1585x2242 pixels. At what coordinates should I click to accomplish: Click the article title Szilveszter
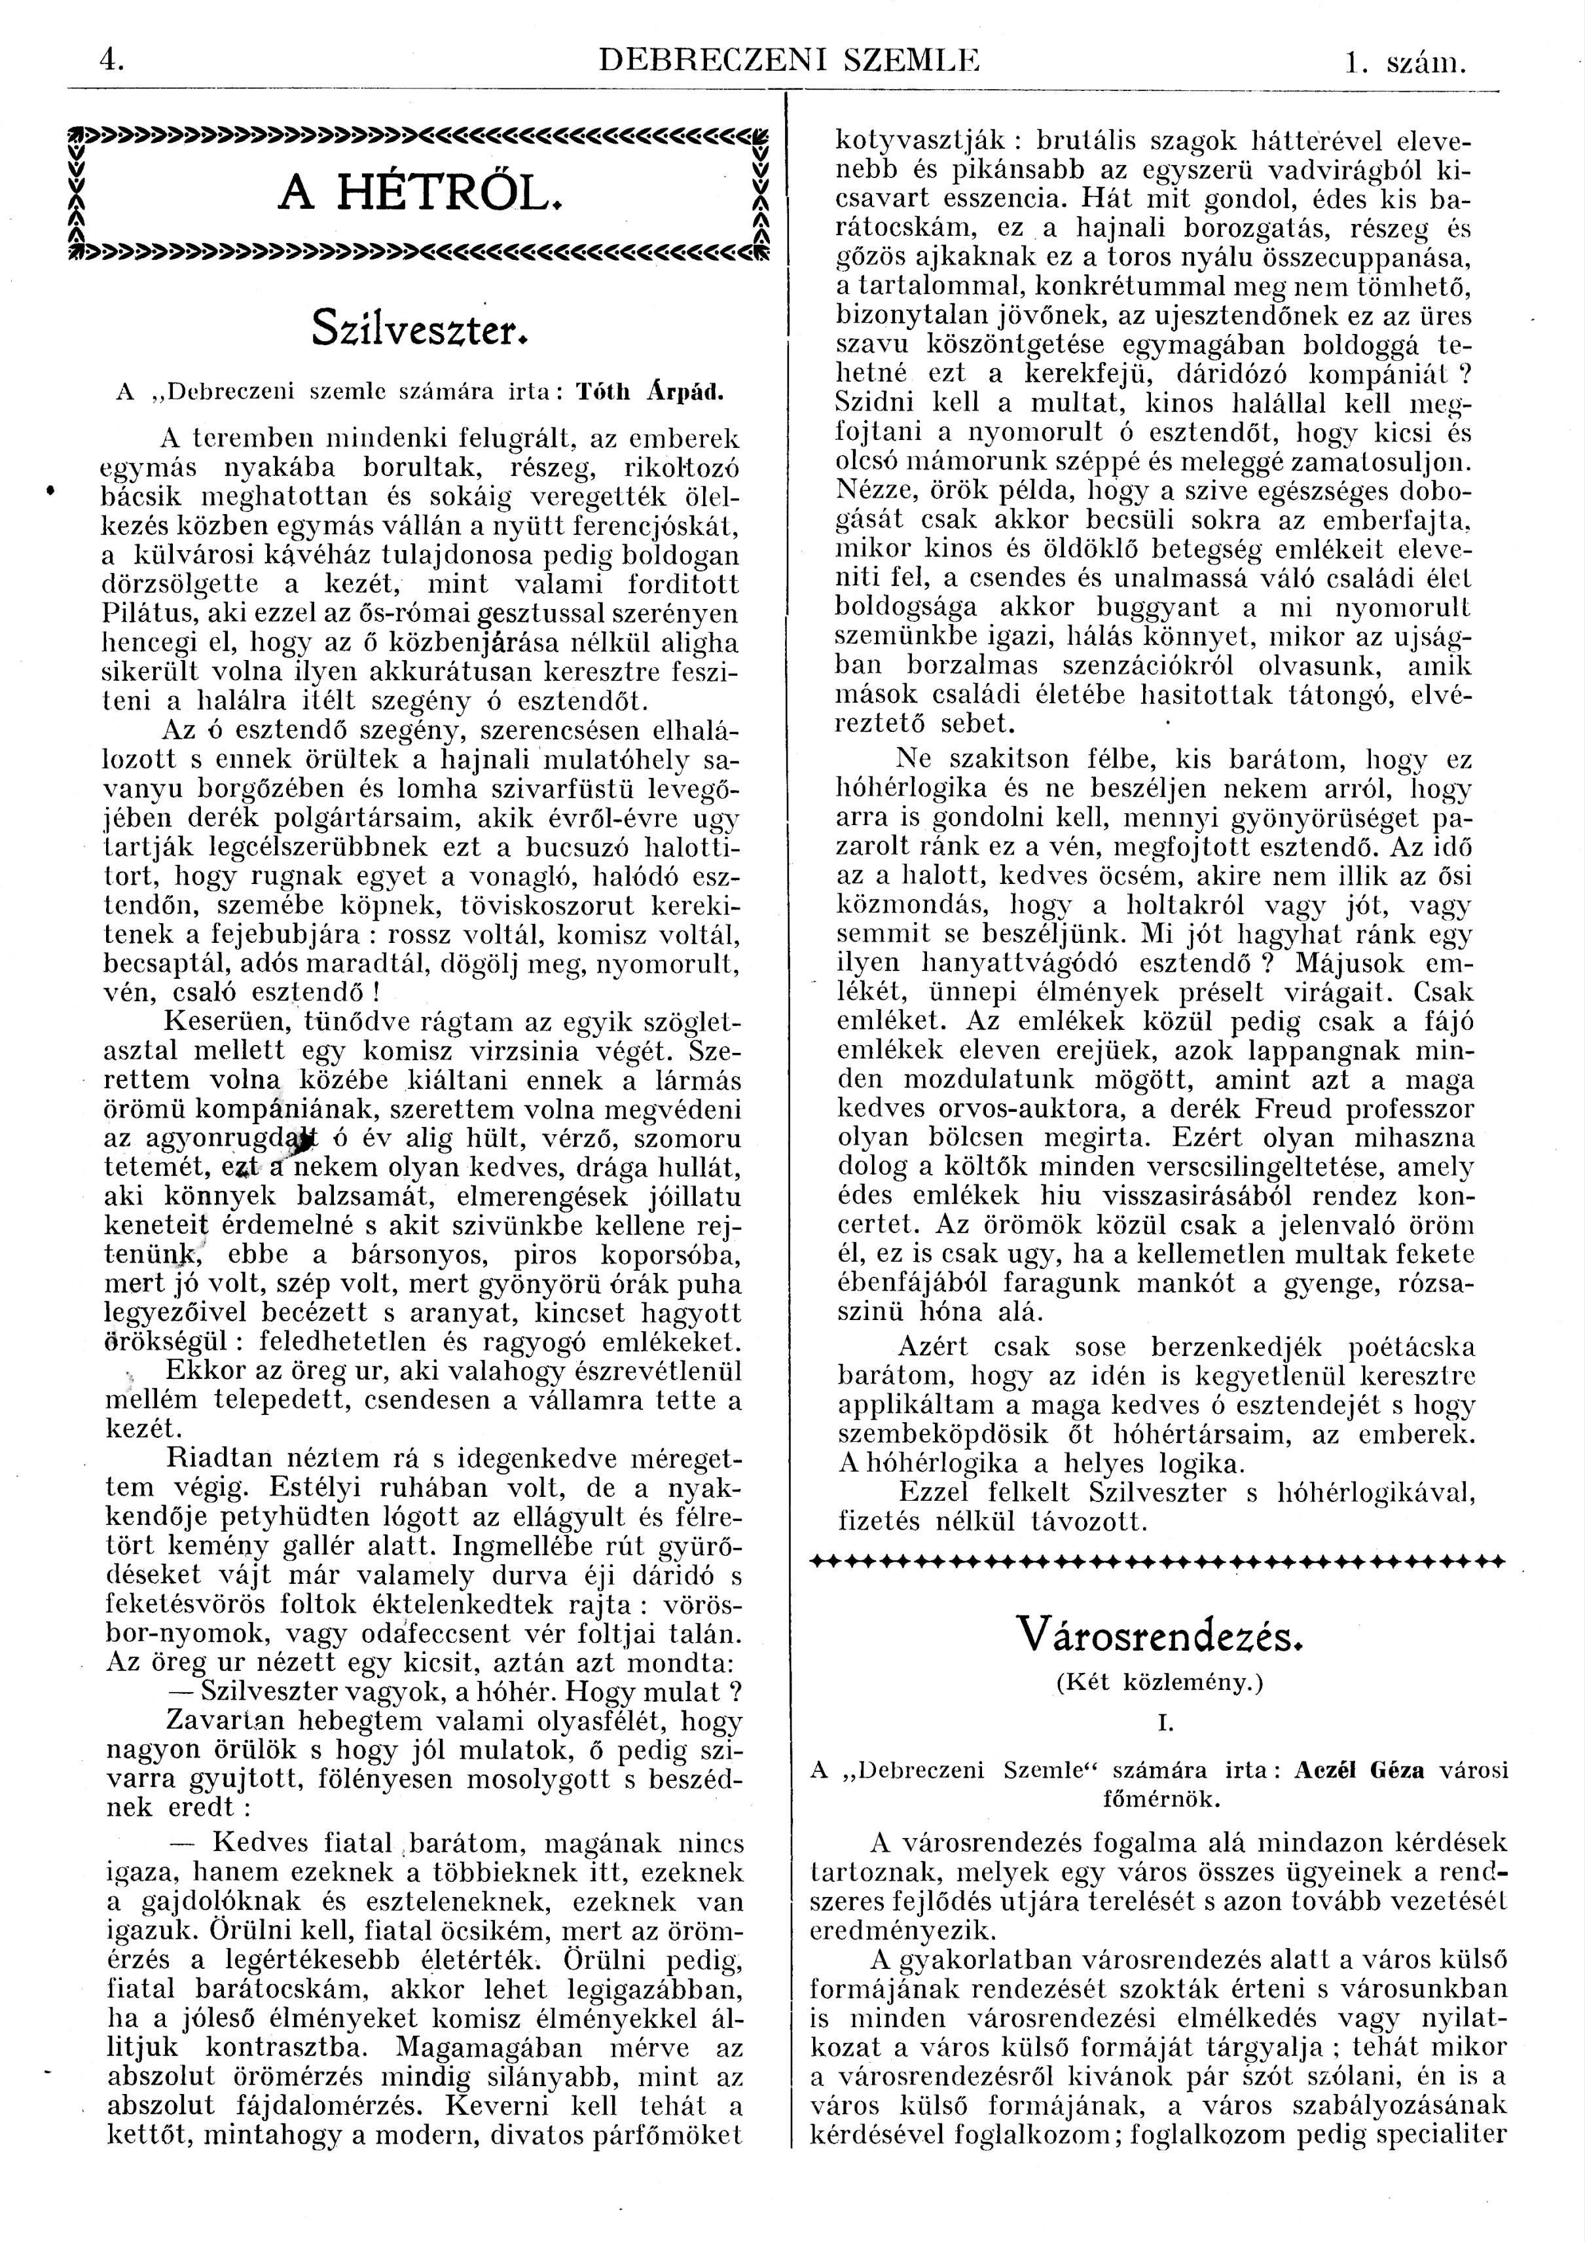tap(421, 327)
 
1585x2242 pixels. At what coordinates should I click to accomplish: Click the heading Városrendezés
tap(1160, 1634)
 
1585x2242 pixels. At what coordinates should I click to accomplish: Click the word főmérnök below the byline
tap(1160, 1797)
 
